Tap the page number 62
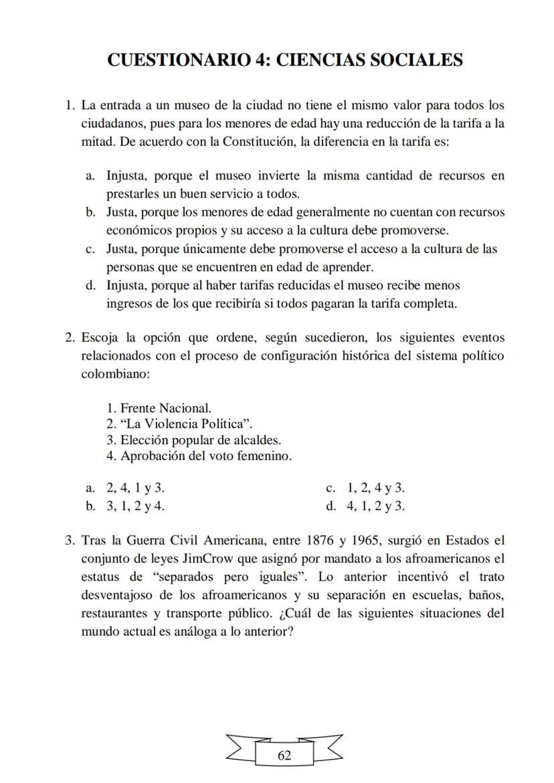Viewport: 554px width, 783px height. point(284,756)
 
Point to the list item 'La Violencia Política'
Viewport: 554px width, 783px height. point(185,424)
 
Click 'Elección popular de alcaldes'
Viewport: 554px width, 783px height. point(200,440)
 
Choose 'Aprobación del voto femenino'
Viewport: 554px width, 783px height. point(205,456)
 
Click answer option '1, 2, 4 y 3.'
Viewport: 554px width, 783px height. point(375,488)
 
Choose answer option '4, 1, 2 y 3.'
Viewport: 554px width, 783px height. point(375,505)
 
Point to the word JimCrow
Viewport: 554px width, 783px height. point(207,558)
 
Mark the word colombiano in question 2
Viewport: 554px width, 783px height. point(112,374)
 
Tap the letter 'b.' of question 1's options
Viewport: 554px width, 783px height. point(90,212)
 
